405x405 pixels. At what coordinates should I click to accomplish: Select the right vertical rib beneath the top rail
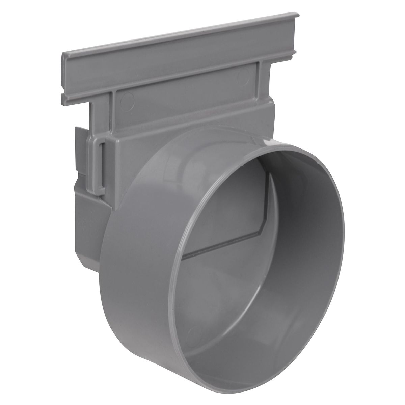tap(260, 73)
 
